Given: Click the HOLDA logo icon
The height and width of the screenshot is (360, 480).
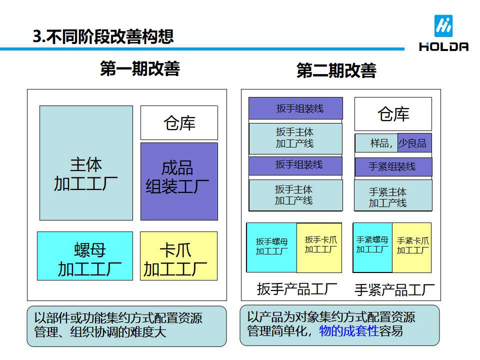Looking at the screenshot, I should (443, 26).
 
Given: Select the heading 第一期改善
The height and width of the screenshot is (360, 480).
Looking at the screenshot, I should (139, 68).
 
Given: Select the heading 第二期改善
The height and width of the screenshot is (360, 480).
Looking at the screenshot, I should (336, 70).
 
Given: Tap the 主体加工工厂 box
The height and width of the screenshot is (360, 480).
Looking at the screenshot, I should (86, 163).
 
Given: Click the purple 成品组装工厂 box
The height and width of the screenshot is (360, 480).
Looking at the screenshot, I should (179, 181).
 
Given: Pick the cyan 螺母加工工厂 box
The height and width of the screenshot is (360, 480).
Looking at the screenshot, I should (85, 255).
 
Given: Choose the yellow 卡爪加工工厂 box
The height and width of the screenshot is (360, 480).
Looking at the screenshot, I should (178, 255).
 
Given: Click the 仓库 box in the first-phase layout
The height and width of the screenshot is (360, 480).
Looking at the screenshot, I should (179, 122).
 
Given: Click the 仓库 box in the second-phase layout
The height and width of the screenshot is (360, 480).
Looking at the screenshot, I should (393, 114).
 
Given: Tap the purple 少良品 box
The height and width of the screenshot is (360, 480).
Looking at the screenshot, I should (414, 143).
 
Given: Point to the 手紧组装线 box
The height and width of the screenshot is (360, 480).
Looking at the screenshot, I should (393, 167).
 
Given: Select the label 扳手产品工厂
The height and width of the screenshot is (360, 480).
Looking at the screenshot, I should (297, 289).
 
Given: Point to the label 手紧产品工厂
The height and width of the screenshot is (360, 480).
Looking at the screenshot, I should (394, 290).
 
